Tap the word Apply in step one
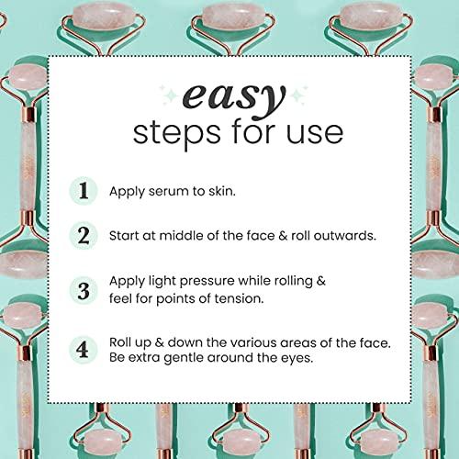pos(126,192)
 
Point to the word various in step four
pos(237,341)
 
